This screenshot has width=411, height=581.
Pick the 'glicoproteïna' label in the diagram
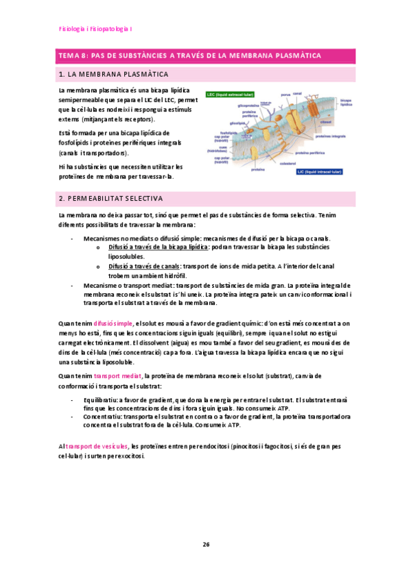(x=248, y=106)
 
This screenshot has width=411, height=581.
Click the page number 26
(x=205, y=545)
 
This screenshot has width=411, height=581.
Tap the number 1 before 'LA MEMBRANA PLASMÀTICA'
(x=62, y=74)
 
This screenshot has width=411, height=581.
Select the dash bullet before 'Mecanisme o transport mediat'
(x=73, y=285)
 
